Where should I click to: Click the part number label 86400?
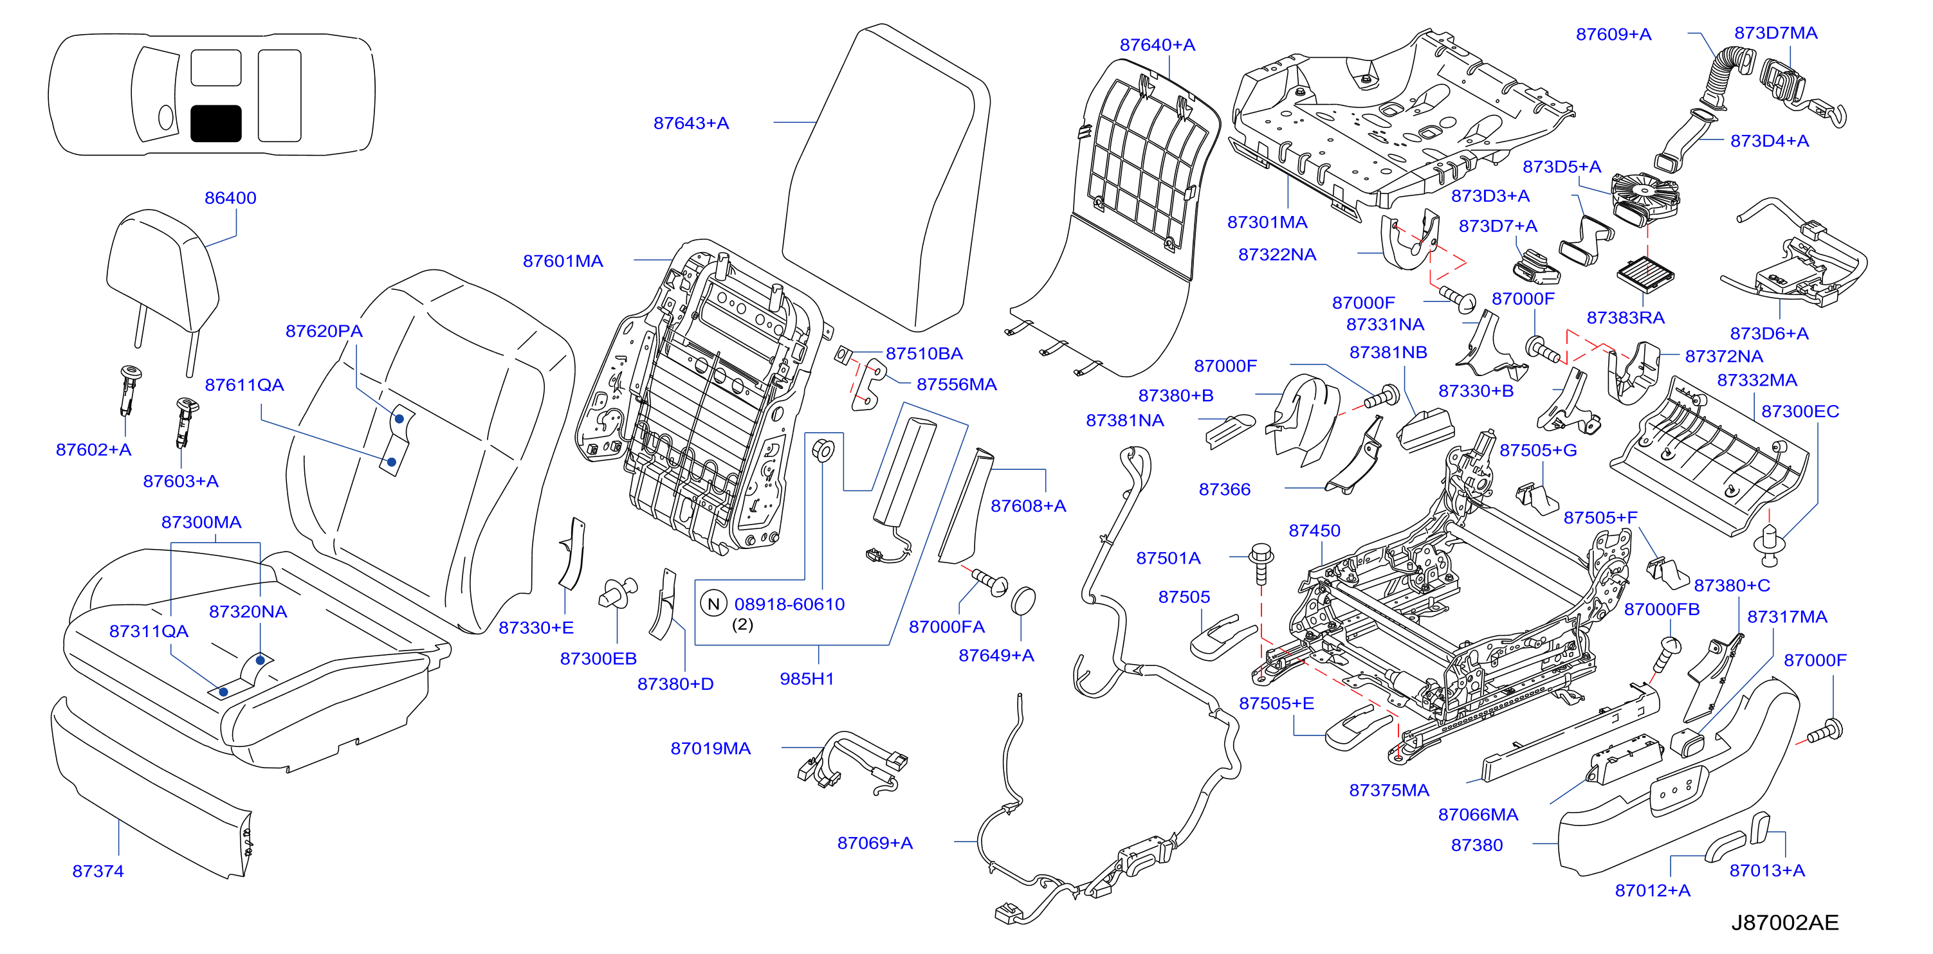click(230, 198)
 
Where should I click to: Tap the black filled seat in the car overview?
click(216, 123)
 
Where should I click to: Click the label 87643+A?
click(691, 123)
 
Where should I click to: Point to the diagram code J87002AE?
click(1785, 923)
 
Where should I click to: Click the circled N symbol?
click(713, 604)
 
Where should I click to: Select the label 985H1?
click(807, 679)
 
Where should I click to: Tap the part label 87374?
click(98, 870)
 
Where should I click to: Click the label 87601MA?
click(563, 261)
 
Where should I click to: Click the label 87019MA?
click(711, 748)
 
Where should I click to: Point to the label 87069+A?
click(875, 843)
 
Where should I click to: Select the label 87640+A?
click(1157, 45)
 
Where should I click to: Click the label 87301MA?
click(1267, 222)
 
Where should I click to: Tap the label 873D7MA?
click(1775, 33)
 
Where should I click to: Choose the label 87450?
click(1315, 530)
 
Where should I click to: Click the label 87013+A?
click(1767, 870)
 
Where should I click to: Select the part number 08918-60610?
click(789, 604)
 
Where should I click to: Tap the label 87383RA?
click(1626, 318)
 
